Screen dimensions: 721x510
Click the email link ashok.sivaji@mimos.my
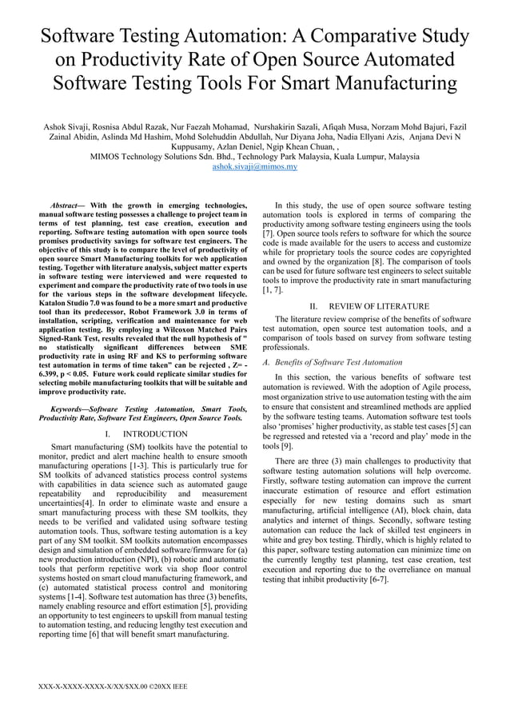point(254,167)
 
